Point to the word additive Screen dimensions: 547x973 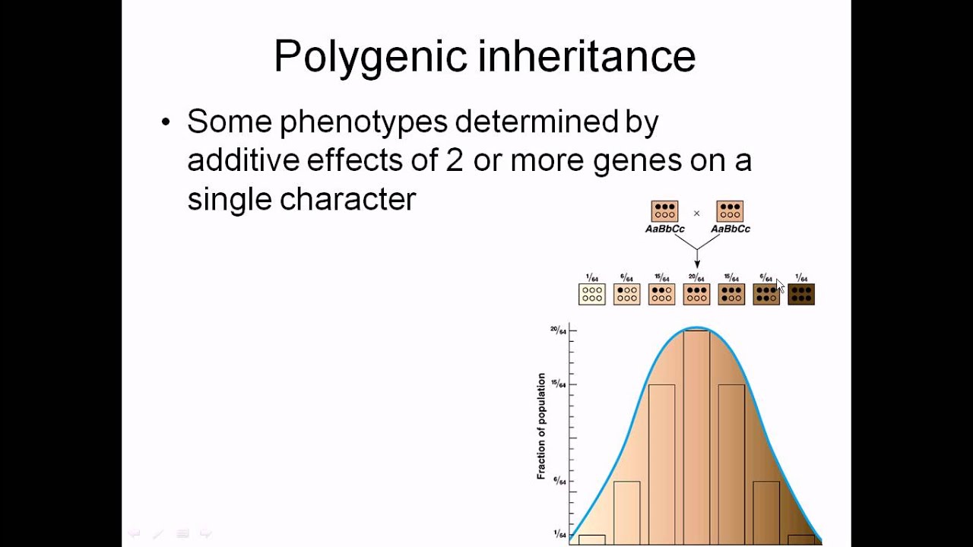[x=242, y=160]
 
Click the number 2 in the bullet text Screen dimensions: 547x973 [x=454, y=160]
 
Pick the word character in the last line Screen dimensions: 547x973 [x=347, y=199]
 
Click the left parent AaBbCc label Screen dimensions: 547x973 [x=664, y=229]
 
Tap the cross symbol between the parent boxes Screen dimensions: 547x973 [x=696, y=213]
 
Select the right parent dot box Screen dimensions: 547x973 [x=730, y=210]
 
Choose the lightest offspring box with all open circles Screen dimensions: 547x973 [x=591, y=294]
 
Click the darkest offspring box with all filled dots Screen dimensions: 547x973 [x=801, y=294]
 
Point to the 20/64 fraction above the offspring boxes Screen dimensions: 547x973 [x=696, y=278]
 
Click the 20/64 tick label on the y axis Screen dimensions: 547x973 [x=558, y=330]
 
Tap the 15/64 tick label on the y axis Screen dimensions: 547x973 [x=558, y=384]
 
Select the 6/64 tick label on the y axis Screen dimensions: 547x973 [x=559, y=482]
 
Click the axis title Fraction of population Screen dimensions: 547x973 [x=541, y=425]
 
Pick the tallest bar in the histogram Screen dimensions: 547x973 [x=696, y=437]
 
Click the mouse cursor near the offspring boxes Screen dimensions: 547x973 [x=779, y=285]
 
